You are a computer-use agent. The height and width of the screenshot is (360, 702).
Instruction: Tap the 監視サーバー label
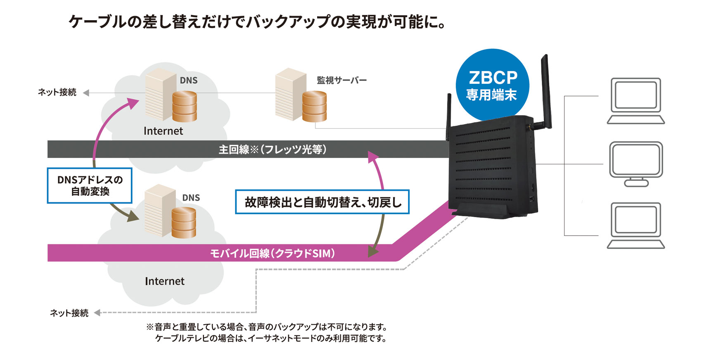coord(342,80)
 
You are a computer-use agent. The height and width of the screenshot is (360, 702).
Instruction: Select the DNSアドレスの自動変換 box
coord(90,185)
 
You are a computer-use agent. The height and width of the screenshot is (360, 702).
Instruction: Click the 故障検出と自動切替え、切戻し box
coord(322,202)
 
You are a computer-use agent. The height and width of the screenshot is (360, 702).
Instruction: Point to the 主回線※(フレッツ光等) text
coord(273,149)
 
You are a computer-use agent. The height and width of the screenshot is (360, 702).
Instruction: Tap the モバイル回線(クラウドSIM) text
coord(273,253)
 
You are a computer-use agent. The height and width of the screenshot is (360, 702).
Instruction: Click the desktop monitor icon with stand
coord(636,163)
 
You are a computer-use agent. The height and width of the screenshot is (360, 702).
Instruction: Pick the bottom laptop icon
coord(636,225)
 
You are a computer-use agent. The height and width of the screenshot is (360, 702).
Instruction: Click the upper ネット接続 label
coord(57,92)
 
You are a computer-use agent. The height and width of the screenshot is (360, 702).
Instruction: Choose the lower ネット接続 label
coord(69,313)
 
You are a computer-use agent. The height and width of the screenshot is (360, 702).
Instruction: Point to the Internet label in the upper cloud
coord(163,131)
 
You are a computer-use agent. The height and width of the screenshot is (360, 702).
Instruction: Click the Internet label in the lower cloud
coord(164,281)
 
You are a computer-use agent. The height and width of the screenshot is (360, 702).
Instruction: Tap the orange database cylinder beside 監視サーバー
coord(314,106)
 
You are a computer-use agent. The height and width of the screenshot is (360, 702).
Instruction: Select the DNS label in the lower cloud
coord(191,198)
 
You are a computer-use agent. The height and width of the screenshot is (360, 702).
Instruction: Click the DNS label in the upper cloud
coord(188,81)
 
